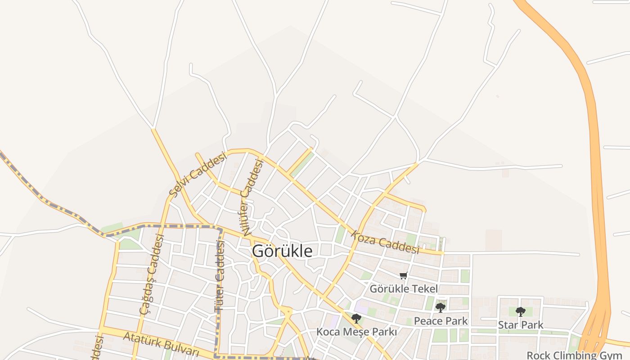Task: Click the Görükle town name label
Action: click(282, 251)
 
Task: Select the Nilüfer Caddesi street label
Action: click(252, 197)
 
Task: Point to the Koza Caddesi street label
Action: click(385, 243)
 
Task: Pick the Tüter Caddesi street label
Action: click(220, 276)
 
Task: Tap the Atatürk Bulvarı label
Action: click(161, 343)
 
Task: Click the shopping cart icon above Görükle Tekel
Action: click(404, 275)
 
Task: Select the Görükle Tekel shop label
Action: click(404, 288)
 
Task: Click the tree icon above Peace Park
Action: click(441, 308)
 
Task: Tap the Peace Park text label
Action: click(441, 321)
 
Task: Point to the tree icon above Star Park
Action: click(521, 311)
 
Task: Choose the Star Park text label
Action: click(521, 324)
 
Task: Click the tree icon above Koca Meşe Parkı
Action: click(356, 319)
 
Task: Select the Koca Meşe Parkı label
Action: click(356, 332)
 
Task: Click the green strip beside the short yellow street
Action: click(304, 164)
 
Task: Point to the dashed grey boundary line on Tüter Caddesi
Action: click(220, 315)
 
